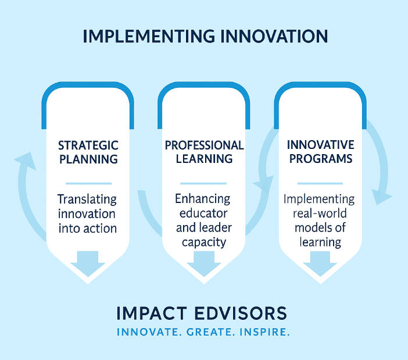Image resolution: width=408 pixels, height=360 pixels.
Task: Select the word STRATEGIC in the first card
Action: (x=88, y=145)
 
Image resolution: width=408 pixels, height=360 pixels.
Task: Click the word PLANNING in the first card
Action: (x=88, y=159)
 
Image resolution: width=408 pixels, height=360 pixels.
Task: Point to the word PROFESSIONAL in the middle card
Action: (x=204, y=145)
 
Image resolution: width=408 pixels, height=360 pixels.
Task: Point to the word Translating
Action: (x=88, y=199)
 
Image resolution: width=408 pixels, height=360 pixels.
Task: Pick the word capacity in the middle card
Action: (x=203, y=241)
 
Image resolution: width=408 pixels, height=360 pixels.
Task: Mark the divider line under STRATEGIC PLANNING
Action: (x=88, y=182)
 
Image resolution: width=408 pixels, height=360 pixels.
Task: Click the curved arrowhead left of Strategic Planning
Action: (x=23, y=160)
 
